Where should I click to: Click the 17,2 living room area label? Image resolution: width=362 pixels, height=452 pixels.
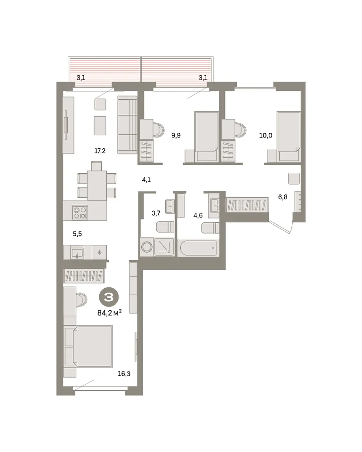tap(100, 151)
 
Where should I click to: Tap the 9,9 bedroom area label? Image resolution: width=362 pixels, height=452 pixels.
tap(176, 135)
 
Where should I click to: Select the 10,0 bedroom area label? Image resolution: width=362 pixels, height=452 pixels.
tap(265, 135)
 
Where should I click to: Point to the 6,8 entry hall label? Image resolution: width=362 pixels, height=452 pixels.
tap(282, 197)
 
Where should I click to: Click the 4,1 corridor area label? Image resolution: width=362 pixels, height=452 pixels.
tap(146, 180)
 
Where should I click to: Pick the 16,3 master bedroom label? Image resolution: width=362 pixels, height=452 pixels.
tap(124, 374)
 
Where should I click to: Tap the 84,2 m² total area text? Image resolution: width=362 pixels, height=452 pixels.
tap(109, 313)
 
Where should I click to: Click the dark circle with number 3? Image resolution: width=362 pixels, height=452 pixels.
tap(109, 297)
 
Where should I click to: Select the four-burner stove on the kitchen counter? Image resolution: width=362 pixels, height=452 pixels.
tap(80, 213)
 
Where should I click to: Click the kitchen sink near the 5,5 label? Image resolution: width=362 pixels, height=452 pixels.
tap(77, 253)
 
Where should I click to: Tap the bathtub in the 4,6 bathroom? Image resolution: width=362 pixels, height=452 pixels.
tap(198, 248)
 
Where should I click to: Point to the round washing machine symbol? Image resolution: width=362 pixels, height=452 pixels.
tap(147, 247)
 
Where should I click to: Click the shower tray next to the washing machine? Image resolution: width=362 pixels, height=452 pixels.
tap(164, 247)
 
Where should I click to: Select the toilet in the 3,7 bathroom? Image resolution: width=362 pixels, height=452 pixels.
tap(165, 227)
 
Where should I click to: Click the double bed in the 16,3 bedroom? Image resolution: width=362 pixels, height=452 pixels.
tap(88, 347)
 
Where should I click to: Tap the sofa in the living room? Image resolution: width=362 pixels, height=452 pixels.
tap(127, 125)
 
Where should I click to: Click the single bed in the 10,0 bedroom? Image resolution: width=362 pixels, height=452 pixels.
tap(289, 137)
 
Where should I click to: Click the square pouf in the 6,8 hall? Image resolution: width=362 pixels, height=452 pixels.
tap(294, 178)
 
